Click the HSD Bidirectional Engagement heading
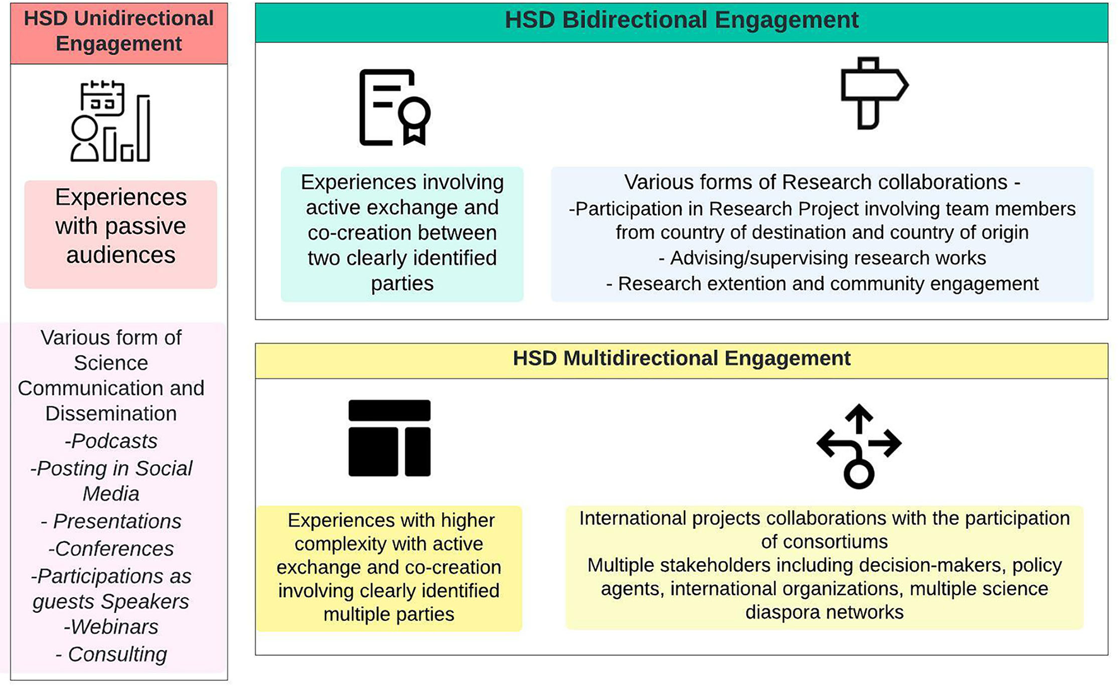click(x=681, y=20)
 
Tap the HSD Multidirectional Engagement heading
click(x=681, y=358)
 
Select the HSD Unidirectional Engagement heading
click(x=119, y=31)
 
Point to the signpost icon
click(x=874, y=93)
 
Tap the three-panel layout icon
click(x=389, y=438)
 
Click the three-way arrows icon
click(x=859, y=446)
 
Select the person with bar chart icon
click(x=110, y=121)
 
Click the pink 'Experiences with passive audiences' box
click(x=121, y=235)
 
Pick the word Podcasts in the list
click(x=114, y=441)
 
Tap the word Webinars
click(x=114, y=627)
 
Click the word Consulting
click(x=117, y=654)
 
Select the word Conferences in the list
click(x=114, y=549)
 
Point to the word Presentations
click(x=117, y=521)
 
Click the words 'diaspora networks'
click(x=824, y=612)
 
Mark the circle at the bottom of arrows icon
click(x=859, y=474)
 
